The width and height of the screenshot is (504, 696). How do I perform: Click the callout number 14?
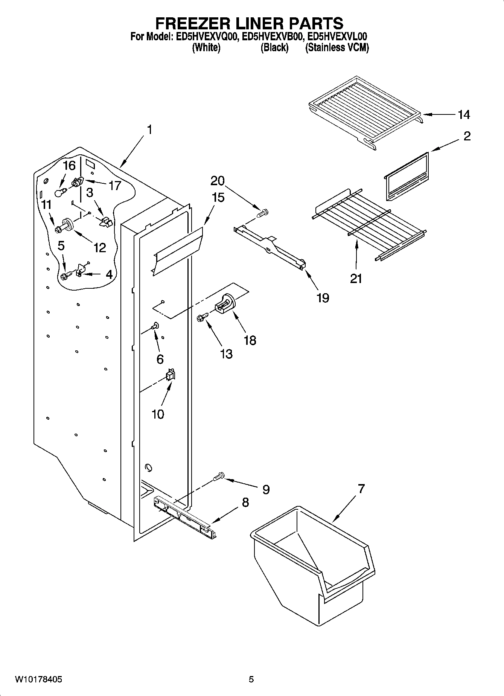tap(464, 114)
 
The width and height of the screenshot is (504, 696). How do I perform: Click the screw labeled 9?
tap(218, 477)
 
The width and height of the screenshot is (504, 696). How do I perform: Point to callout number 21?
tap(356, 279)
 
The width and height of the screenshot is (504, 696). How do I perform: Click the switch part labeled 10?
tap(171, 375)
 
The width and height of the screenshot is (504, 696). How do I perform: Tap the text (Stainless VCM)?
tap(337, 48)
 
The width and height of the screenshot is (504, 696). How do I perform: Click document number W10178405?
tap(39, 679)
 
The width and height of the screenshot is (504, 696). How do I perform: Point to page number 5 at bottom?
tap(251, 679)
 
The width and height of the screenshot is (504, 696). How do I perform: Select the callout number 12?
tap(100, 247)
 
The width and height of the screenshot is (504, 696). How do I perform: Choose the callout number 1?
tap(149, 130)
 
